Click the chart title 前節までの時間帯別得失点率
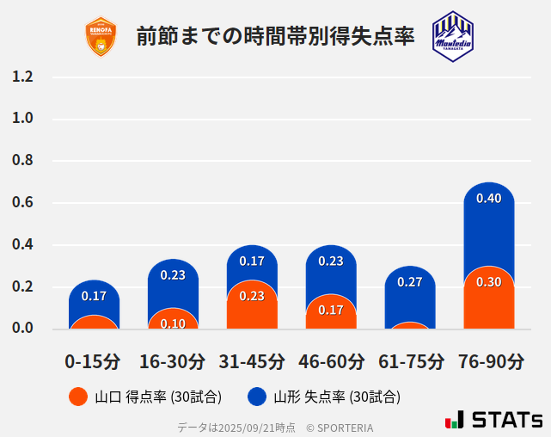point(275,37)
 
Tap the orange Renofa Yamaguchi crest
point(101,37)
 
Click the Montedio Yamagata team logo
point(452,36)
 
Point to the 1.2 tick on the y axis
point(23,77)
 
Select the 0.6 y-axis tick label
point(23,203)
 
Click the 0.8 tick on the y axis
point(23,161)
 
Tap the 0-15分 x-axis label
point(94,361)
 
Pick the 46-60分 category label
point(331,361)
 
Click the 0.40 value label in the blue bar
point(488,199)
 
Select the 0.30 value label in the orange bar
point(488,282)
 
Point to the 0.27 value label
point(410,282)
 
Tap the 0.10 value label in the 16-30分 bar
point(173,323)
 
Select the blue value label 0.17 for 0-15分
point(94,296)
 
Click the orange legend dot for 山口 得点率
point(78,397)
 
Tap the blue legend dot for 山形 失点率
point(257,397)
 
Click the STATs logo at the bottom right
point(493,420)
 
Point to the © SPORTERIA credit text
point(340,428)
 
